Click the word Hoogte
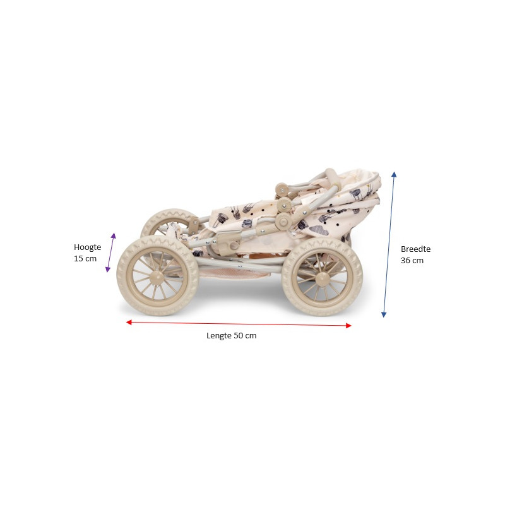tap(87, 247)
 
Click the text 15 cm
tap(85, 259)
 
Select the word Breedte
tap(415, 249)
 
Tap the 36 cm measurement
tap(412, 261)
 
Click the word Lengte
tap(219, 336)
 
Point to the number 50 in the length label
tap(239, 336)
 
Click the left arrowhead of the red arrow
tap(129, 322)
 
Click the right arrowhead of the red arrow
tap(348, 326)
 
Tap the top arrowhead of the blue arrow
tap(394, 174)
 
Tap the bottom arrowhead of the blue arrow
tap(384, 314)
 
